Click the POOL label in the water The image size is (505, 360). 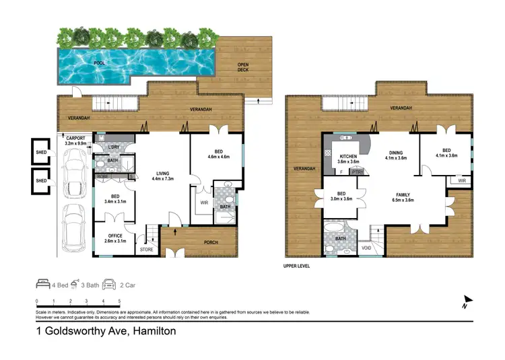tap(100, 63)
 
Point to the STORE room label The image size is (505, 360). tap(146, 250)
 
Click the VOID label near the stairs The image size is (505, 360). tap(366, 248)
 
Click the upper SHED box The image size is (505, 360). tap(42, 152)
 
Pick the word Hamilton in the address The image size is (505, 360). tap(155, 331)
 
